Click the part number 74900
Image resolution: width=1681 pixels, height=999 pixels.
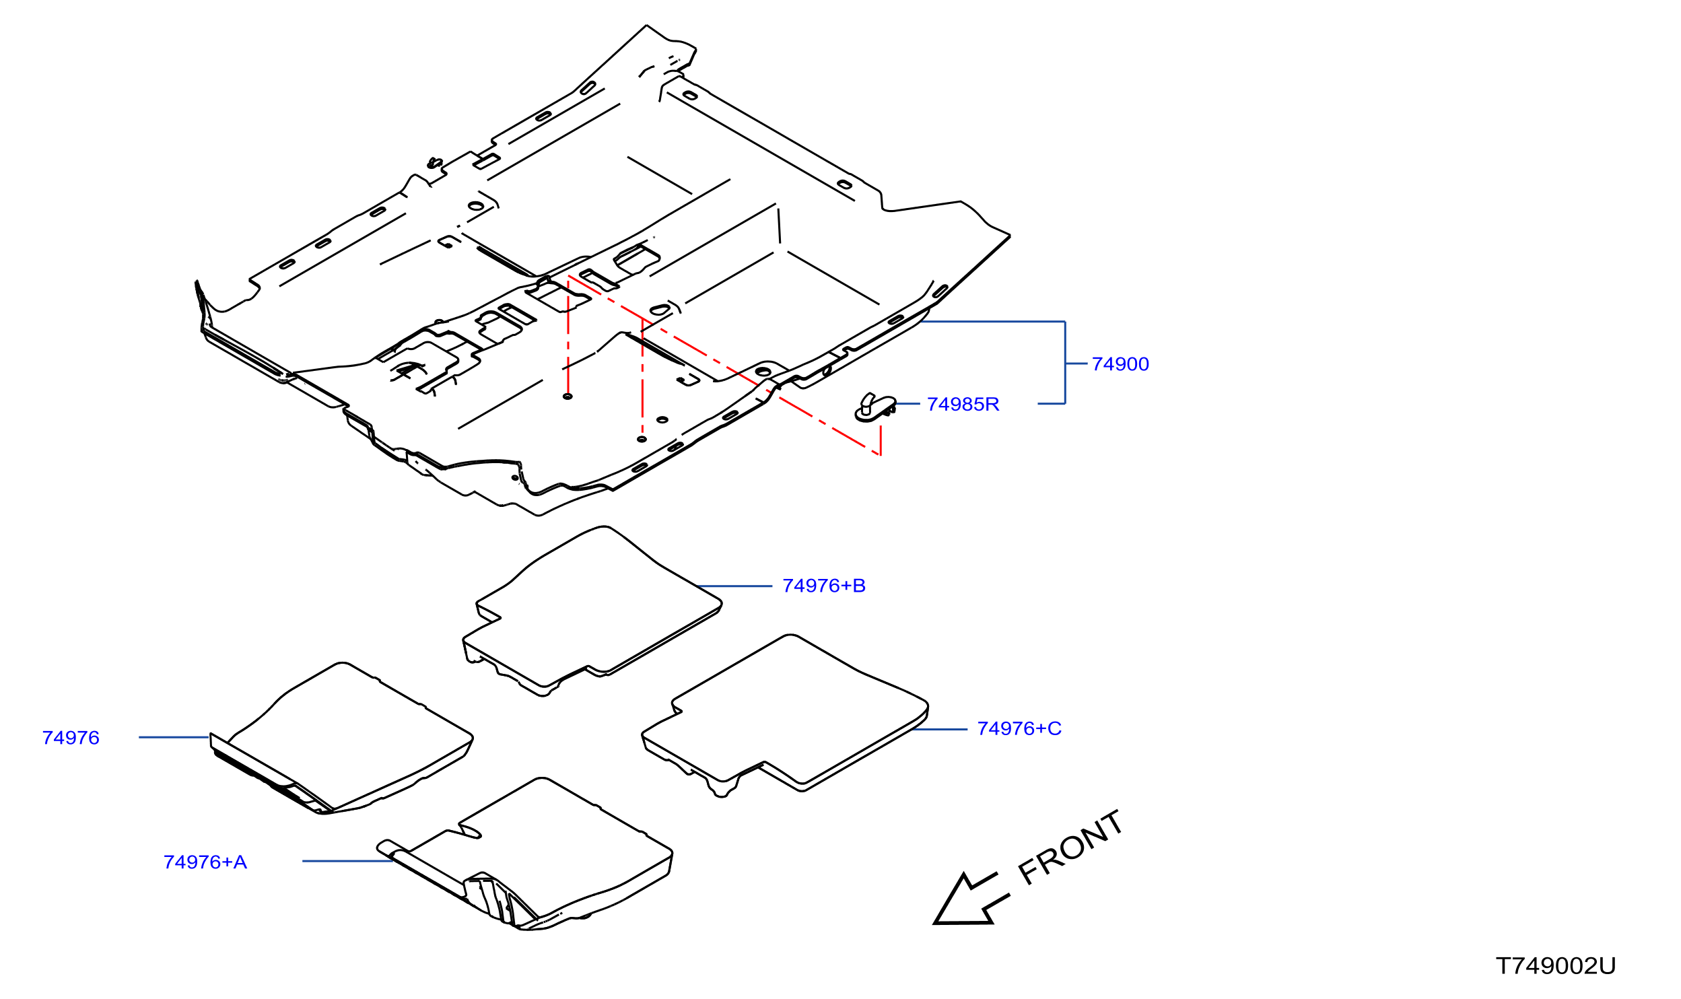[x=1120, y=364]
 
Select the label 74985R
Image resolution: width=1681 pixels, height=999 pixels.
[x=963, y=405]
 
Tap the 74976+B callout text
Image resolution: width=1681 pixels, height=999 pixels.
[x=824, y=586]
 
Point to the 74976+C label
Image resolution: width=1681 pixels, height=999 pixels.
[x=1019, y=729]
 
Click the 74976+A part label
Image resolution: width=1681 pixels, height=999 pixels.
[x=205, y=862]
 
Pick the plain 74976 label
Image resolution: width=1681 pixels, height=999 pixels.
[x=71, y=738]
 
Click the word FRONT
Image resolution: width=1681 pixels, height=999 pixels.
[x=1070, y=848]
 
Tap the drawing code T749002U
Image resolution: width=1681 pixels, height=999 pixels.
[x=1555, y=967]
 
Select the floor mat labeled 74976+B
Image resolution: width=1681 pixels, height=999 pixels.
[x=592, y=611]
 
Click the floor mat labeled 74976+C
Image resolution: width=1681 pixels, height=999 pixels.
[x=786, y=716]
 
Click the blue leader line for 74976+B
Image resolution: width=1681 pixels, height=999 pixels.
[x=734, y=586]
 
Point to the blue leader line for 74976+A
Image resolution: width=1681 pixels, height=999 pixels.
[x=348, y=861]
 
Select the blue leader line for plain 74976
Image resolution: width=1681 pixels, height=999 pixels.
[x=174, y=737]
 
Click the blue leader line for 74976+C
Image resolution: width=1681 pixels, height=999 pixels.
[x=940, y=729]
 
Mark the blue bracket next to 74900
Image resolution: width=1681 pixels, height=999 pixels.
[x=1065, y=364]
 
